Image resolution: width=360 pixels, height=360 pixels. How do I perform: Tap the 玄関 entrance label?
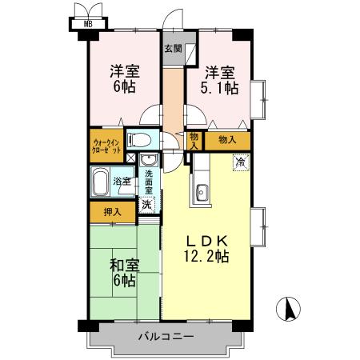[x=173, y=48]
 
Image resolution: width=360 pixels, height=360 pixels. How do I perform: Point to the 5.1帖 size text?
[x=219, y=89]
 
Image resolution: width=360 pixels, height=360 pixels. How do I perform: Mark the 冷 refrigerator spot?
[x=239, y=162]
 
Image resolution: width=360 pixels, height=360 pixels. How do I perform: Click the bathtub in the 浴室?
[x=101, y=183]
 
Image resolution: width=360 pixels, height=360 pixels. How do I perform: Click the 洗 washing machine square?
[x=146, y=205]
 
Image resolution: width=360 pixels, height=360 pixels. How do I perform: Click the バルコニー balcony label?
[x=164, y=337]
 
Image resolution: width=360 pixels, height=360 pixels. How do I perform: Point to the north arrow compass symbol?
[x=289, y=309]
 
